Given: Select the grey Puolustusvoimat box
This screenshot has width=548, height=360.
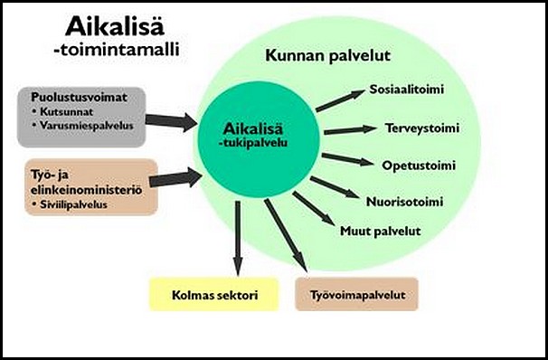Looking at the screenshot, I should pyautogui.click(x=80, y=116).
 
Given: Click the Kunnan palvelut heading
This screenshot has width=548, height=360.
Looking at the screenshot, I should pyautogui.click(x=327, y=56).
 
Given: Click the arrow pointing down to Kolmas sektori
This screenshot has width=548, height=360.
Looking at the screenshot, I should pyautogui.click(x=237, y=239).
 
